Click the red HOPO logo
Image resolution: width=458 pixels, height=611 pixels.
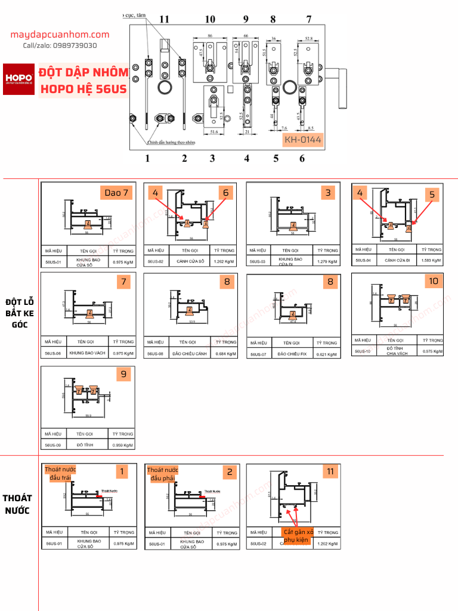click(x=19, y=79)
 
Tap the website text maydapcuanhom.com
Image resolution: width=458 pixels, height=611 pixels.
click(x=60, y=35)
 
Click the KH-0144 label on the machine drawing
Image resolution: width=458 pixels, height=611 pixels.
click(x=302, y=140)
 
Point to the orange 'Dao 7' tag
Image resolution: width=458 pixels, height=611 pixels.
click(x=116, y=193)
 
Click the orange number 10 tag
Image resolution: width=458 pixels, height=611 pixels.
click(x=433, y=281)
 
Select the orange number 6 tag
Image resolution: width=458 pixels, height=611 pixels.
click(x=226, y=193)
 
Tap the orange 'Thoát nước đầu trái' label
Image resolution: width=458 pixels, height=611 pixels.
click(x=60, y=474)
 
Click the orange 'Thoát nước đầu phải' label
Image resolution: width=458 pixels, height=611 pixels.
click(x=162, y=474)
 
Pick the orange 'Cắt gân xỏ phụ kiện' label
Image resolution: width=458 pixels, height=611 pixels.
click(x=298, y=535)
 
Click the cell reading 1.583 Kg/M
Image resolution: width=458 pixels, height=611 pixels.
click(x=432, y=260)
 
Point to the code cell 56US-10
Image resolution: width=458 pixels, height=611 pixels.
click(x=363, y=352)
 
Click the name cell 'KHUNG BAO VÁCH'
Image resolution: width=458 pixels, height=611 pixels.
click(x=87, y=353)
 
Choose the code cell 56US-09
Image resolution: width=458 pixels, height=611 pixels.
click(x=53, y=445)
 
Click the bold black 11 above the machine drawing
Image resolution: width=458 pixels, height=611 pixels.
click(x=164, y=19)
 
